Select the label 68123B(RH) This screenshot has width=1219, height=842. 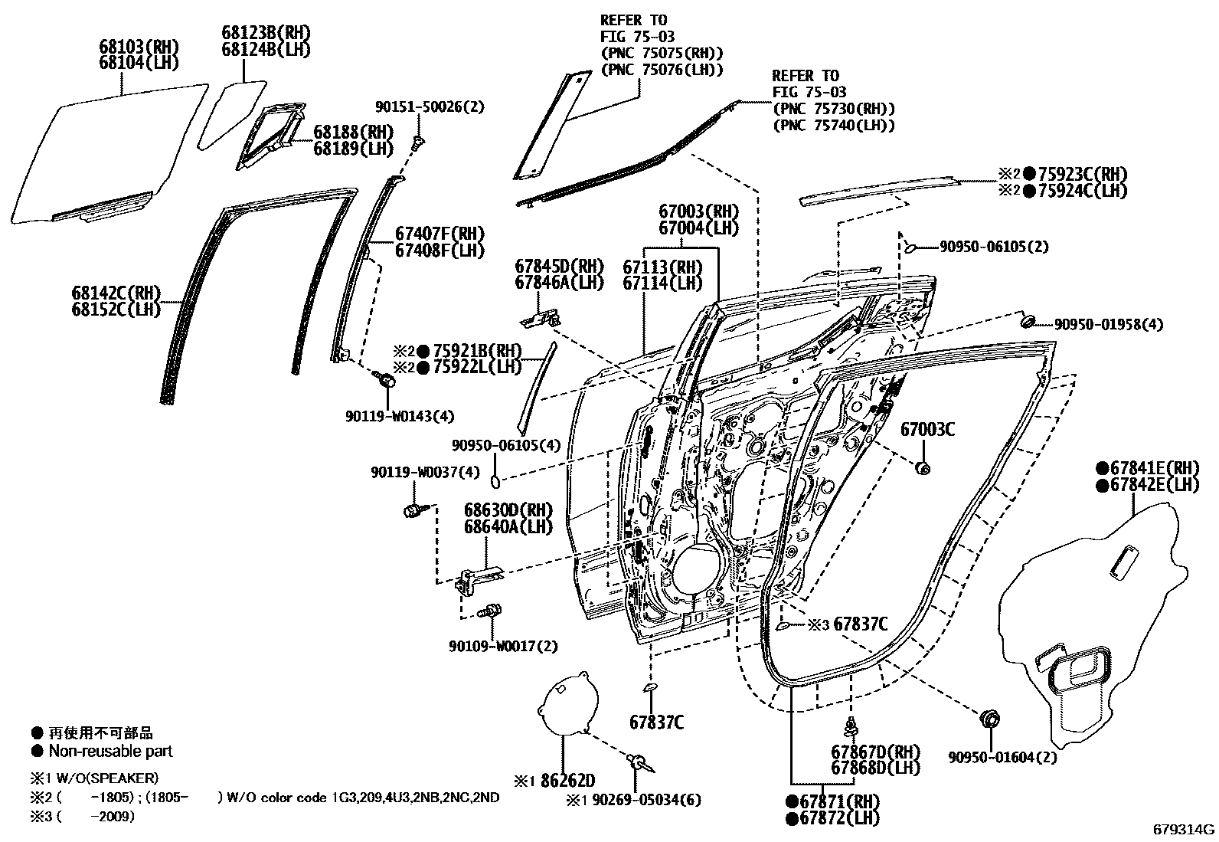256,33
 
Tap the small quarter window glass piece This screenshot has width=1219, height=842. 231,113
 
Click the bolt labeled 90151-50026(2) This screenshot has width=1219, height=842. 418,141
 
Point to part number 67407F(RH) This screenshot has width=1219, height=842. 440,234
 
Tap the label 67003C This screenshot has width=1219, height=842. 927,430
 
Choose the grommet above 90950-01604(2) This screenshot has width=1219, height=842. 990,719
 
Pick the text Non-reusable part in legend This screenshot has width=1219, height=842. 110,752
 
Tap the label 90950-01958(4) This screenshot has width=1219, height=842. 1108,325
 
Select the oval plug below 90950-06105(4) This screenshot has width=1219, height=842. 495,481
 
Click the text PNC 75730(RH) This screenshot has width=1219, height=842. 833,109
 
